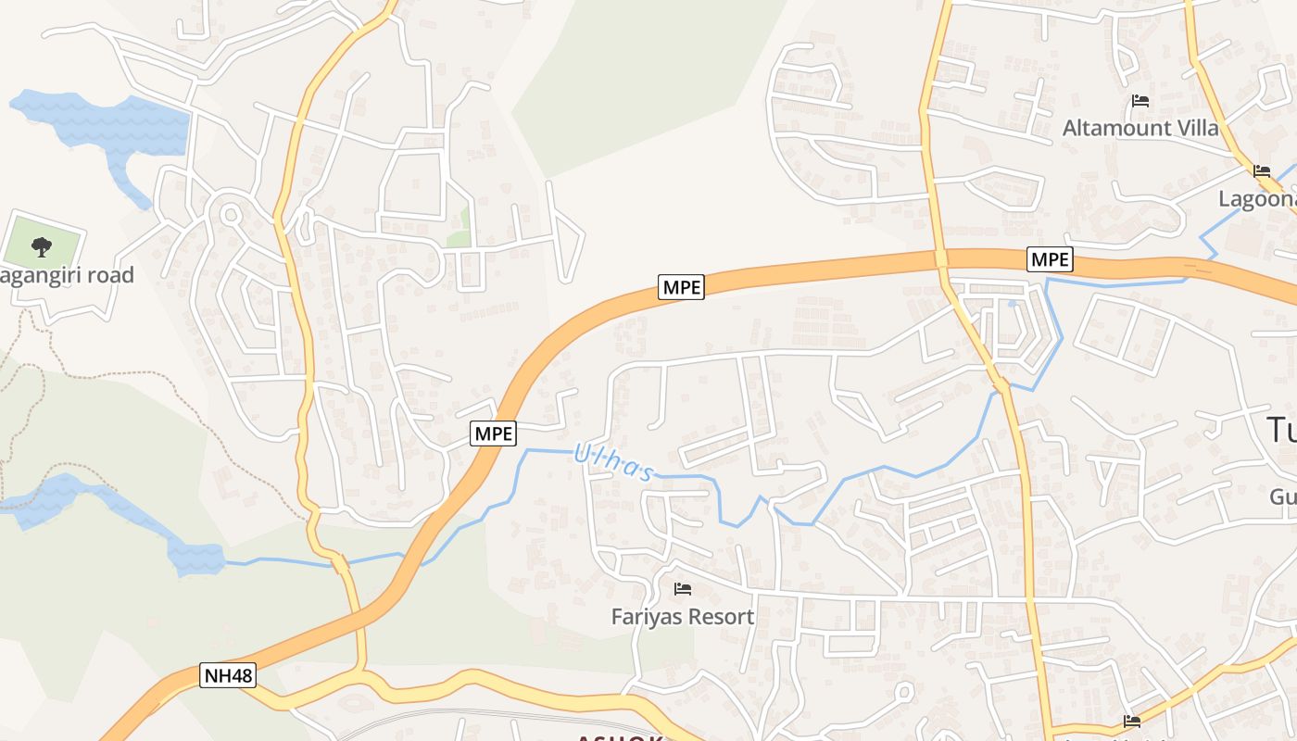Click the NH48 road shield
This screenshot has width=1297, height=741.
tap(228, 675)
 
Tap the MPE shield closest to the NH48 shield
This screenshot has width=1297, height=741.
tap(493, 433)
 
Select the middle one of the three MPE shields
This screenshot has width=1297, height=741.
tap(682, 287)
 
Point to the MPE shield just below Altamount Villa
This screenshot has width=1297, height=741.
tap(1050, 260)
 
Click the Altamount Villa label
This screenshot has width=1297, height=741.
tap(1140, 128)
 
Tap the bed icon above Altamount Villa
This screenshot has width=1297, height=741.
tap(1140, 101)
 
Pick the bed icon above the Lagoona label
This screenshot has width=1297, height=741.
tap(1261, 171)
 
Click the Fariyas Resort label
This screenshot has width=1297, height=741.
tap(683, 616)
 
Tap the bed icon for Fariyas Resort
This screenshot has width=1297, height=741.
tap(683, 588)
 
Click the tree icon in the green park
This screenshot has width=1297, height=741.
tap(41, 246)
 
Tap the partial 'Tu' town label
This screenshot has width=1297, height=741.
tap(1282, 430)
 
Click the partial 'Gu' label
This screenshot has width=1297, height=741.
tap(1283, 497)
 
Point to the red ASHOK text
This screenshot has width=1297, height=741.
tap(620, 738)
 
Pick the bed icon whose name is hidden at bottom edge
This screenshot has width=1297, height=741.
tap(1131, 721)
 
